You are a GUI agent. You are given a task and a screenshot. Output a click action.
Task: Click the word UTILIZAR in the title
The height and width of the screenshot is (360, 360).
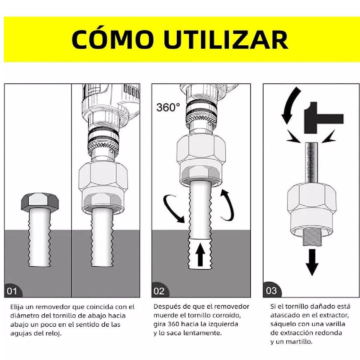click(226, 39)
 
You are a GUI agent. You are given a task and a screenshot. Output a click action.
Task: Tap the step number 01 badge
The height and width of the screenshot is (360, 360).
click(12, 291)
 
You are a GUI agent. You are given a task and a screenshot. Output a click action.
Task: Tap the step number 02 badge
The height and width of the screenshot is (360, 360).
click(159, 291)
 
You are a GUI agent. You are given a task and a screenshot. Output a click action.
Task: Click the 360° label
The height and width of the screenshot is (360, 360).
click(168, 107)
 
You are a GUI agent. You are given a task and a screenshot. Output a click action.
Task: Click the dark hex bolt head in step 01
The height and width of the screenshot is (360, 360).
click(40, 202)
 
